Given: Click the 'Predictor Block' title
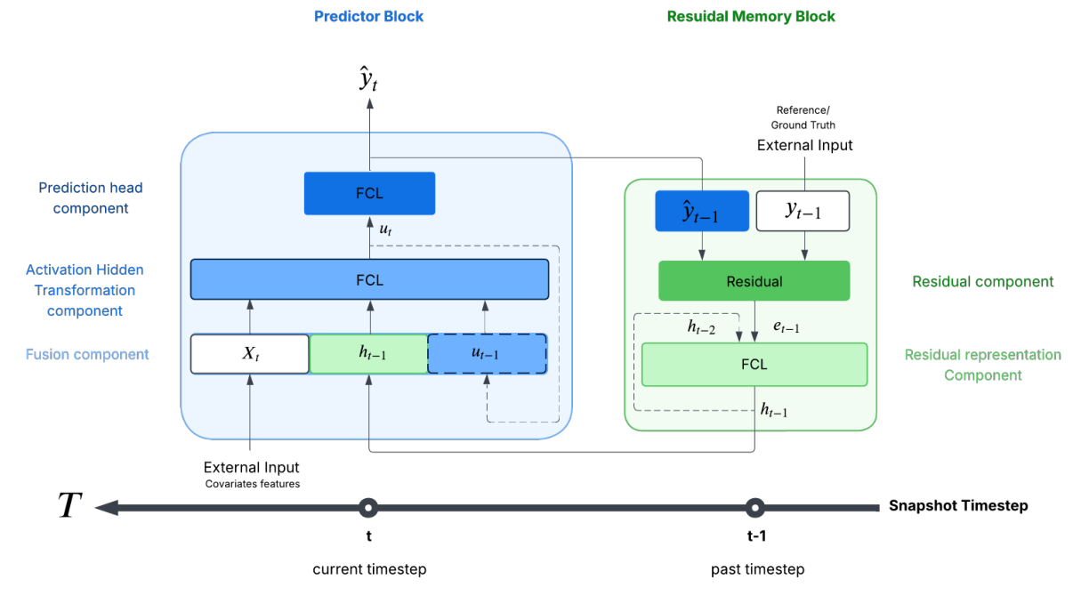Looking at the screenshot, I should pyautogui.click(x=368, y=16).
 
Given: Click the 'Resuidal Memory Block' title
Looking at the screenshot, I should pyautogui.click(x=751, y=16).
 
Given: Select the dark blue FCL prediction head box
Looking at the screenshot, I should pyautogui.click(x=369, y=193).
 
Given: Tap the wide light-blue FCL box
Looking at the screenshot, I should pyautogui.click(x=369, y=279).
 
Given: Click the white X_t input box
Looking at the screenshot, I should pyautogui.click(x=250, y=353).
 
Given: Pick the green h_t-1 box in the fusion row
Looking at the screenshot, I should pyautogui.click(x=368, y=353).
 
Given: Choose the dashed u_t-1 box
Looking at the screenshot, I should pyautogui.click(x=487, y=353).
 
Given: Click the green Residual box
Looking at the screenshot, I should pyautogui.click(x=754, y=281).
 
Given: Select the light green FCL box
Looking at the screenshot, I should pyautogui.click(x=754, y=364).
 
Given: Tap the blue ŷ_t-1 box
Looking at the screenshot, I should pyautogui.click(x=702, y=211).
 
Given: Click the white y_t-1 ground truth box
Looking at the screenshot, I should pyautogui.click(x=803, y=211).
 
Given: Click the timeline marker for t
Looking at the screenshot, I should pyautogui.click(x=368, y=508).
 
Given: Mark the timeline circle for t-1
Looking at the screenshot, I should pyautogui.click(x=755, y=508).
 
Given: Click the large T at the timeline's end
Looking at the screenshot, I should pyautogui.click(x=69, y=506).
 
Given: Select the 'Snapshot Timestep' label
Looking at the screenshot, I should pyautogui.click(x=957, y=505).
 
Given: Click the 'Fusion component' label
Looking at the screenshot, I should pyautogui.click(x=87, y=354).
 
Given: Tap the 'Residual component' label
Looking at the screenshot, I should pyautogui.click(x=982, y=281).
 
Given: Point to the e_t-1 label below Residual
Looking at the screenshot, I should pyautogui.click(x=786, y=327).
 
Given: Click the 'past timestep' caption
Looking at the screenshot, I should pyautogui.click(x=757, y=568).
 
